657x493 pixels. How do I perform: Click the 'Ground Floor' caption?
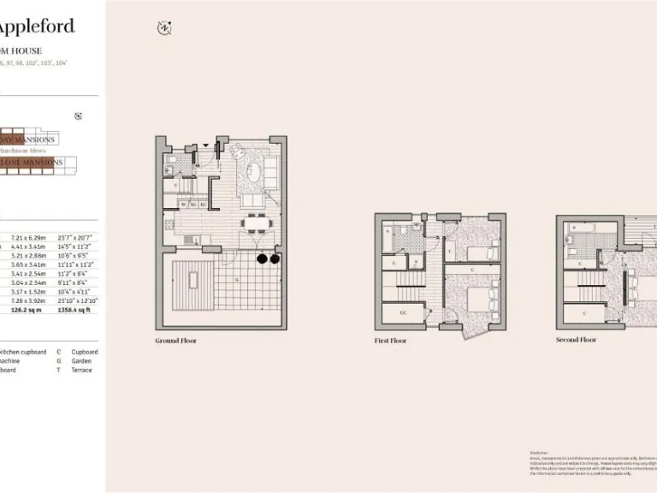pyautogui.click(x=176, y=341)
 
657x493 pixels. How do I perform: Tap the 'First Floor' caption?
pyautogui.click(x=390, y=341)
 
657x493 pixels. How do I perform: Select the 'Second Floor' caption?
pyautogui.click(x=576, y=340)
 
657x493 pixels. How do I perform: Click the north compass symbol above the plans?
pyautogui.click(x=164, y=28)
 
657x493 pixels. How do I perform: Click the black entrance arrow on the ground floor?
pyautogui.click(x=205, y=145)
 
